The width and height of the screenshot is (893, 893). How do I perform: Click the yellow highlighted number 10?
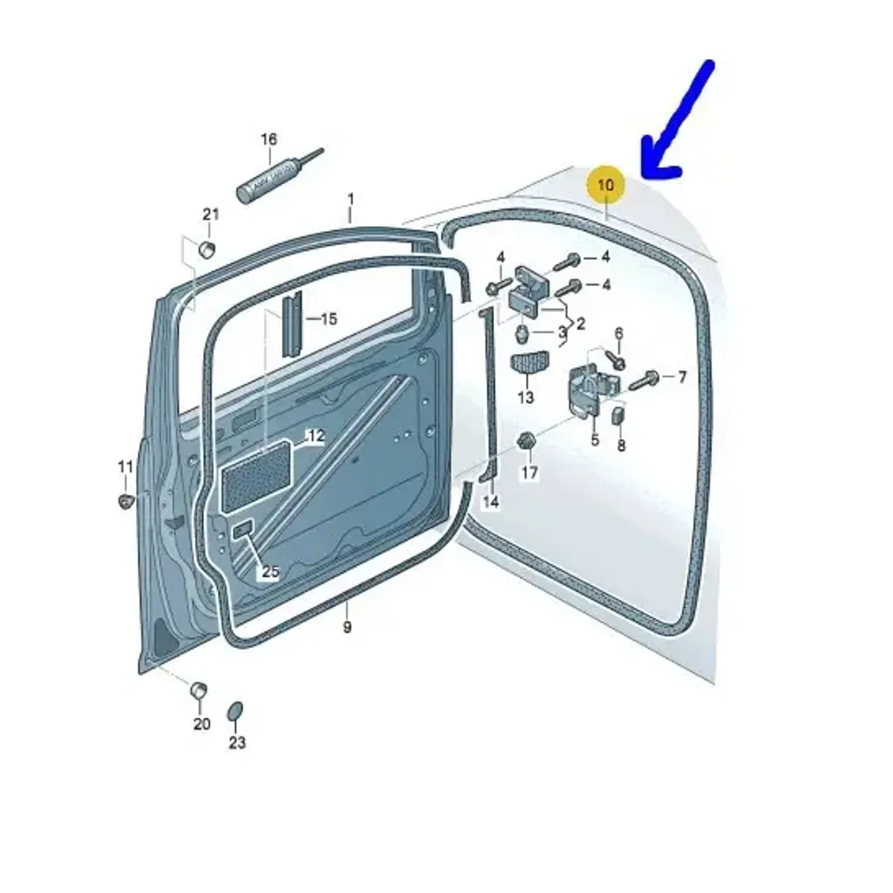coord(606,185)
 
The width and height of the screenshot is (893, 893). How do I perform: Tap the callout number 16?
coord(269,140)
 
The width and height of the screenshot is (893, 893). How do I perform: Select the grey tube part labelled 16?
coord(279,175)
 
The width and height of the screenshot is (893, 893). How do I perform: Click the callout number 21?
coord(211,215)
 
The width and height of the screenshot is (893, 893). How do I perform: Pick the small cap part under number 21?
coord(206,249)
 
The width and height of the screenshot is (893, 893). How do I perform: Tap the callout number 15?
coord(329,319)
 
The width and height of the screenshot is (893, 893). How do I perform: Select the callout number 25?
coord(270,571)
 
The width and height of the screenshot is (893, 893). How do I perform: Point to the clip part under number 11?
coord(126,501)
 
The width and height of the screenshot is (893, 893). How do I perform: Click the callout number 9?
coord(347,628)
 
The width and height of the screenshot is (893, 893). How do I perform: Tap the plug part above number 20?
coord(198,690)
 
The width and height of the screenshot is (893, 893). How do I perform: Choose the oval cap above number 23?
coord(235,712)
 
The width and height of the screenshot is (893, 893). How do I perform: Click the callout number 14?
coord(490,502)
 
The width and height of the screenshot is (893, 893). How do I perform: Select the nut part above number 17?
coord(526,440)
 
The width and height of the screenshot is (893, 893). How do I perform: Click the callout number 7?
coord(682,377)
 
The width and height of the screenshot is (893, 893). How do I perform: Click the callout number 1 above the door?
coord(351,200)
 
